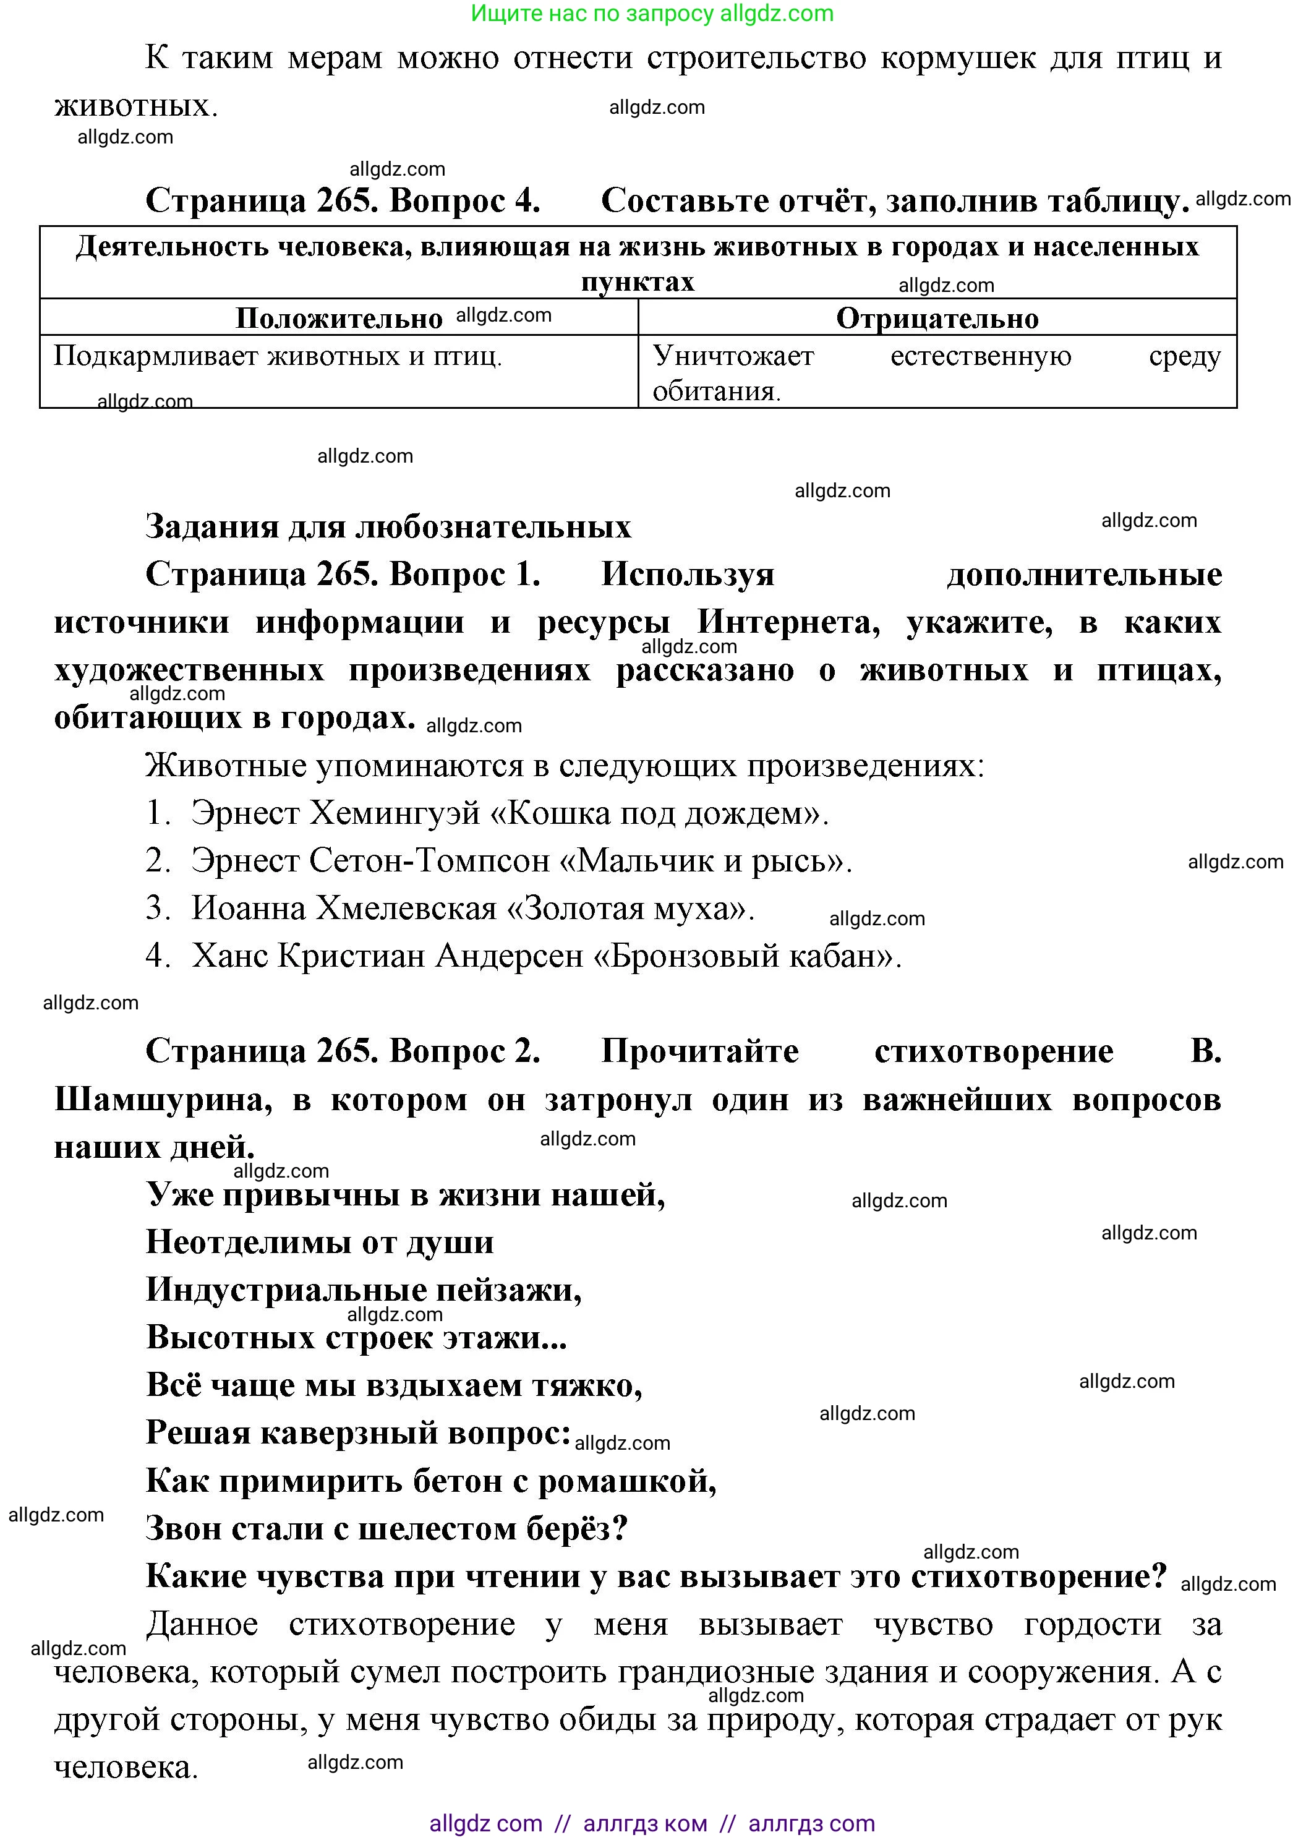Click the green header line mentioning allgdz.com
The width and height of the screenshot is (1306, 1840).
[652, 14]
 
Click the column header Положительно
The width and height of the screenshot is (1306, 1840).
[339, 319]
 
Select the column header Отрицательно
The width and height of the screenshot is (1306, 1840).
[937, 319]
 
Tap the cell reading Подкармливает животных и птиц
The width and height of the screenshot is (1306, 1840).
[278, 356]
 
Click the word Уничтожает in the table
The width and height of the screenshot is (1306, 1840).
[733, 356]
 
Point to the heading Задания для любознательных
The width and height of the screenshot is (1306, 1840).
[388, 527]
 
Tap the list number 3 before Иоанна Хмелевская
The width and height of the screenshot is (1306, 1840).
[157, 908]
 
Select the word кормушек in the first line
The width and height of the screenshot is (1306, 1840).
[958, 58]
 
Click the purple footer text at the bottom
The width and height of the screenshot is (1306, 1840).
[652, 1823]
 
